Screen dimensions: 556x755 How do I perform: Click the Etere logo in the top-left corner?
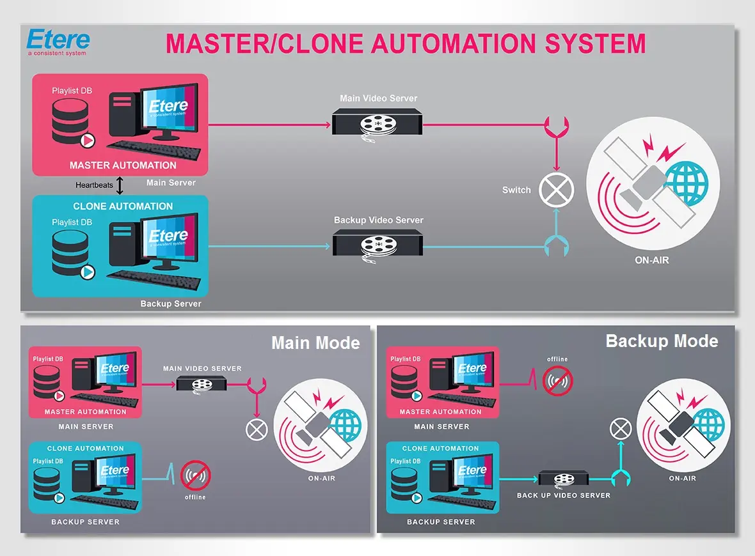point(58,41)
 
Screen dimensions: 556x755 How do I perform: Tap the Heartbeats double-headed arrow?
point(119,185)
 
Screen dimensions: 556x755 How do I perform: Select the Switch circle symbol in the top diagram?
point(555,190)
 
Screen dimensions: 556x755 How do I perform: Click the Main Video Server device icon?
point(377,121)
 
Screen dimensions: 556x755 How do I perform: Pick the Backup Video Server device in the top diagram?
point(377,243)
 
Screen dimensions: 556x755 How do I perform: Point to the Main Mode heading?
point(315,343)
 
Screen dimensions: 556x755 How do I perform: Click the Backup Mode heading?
point(662,341)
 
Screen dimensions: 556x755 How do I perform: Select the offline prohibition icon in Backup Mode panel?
point(557,381)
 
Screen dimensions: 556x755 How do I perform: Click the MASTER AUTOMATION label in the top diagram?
point(123,166)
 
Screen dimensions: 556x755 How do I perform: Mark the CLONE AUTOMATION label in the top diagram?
point(123,206)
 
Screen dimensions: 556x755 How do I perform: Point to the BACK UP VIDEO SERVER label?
point(563,495)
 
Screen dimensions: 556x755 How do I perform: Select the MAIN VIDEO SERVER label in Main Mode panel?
point(202,369)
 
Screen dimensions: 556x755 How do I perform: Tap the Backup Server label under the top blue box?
point(171,304)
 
